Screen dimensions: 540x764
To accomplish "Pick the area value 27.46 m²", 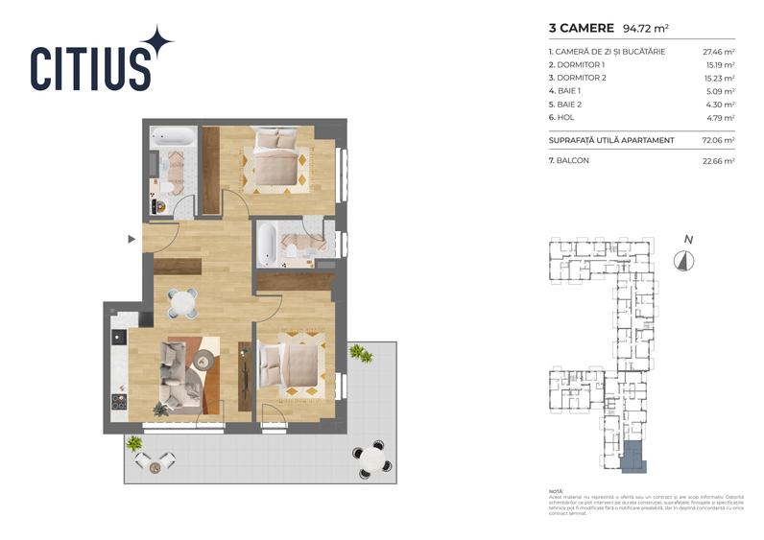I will click(x=720, y=51).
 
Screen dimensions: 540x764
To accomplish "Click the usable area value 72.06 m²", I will click(x=720, y=140).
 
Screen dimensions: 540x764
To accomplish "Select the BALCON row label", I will click(x=570, y=160).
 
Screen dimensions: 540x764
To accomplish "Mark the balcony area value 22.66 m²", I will click(x=720, y=161).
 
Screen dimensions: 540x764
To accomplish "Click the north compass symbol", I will click(x=684, y=259).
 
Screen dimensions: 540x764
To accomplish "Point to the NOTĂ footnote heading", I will click(x=557, y=489).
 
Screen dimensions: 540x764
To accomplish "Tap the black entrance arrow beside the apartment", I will click(x=132, y=238).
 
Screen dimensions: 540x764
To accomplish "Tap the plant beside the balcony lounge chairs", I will click(x=133, y=444).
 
